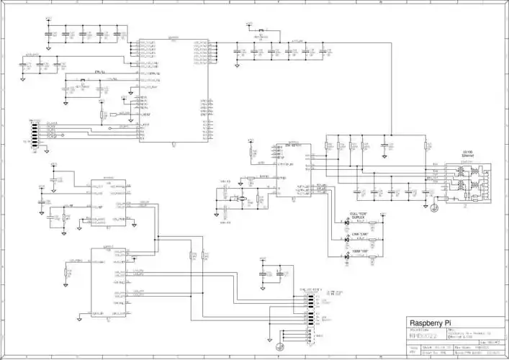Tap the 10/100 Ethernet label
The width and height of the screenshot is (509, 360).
[467, 154]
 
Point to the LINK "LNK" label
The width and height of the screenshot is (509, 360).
[359, 234]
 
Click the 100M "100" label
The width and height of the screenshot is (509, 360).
[359, 250]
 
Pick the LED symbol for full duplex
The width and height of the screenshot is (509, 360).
[347, 223]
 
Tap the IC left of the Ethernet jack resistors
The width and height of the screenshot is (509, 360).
[294, 173]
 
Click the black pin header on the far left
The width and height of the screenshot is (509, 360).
[33, 132]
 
